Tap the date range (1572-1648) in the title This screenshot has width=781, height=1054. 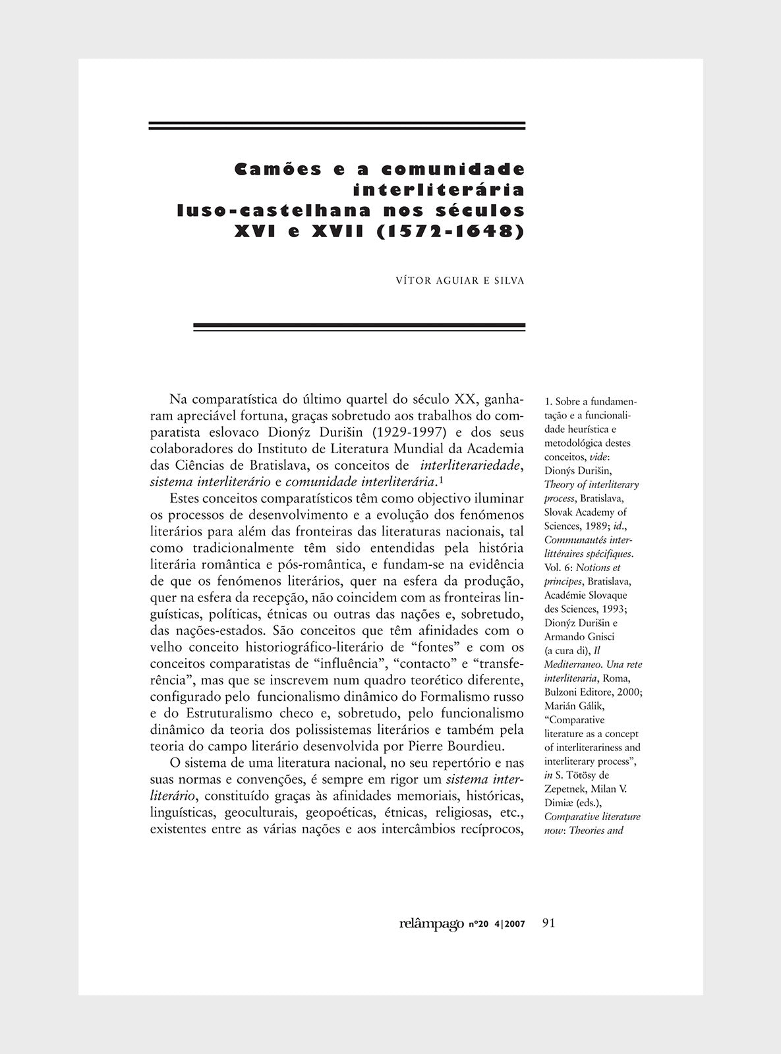(x=449, y=232)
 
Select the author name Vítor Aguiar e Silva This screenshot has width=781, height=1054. (x=459, y=281)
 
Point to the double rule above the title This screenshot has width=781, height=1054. (x=337, y=125)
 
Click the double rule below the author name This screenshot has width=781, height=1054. (x=359, y=325)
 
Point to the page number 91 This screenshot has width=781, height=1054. (x=548, y=922)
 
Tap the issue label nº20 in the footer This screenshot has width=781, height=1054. (x=478, y=924)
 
